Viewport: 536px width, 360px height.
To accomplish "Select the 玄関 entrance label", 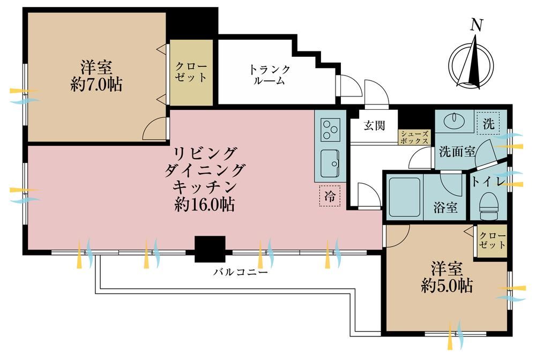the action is pyautogui.click(x=374, y=125).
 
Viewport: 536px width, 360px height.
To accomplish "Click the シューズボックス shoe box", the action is pyautogui.click(x=414, y=138).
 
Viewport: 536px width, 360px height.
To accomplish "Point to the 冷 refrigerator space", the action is pyautogui.click(x=330, y=196).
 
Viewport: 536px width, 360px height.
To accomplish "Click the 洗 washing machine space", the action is pyautogui.click(x=488, y=124).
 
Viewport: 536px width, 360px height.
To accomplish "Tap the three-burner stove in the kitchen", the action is pyautogui.click(x=330, y=130).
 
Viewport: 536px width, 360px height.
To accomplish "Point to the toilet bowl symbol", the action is pyautogui.click(x=489, y=206).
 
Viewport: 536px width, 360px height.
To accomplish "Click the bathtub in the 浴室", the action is pyautogui.click(x=404, y=197).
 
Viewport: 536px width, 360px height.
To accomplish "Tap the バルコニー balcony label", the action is pyautogui.click(x=241, y=272).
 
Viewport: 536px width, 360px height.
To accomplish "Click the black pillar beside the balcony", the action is pyautogui.click(x=210, y=249).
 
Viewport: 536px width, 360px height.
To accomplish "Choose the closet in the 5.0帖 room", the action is pyautogui.click(x=492, y=241).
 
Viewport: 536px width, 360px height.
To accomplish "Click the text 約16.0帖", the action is pyautogui.click(x=204, y=205).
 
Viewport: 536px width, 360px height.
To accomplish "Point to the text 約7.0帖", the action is pyautogui.click(x=96, y=84).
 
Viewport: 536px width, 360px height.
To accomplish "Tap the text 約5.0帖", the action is pyautogui.click(x=447, y=286).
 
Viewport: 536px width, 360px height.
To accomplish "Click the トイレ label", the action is pyautogui.click(x=489, y=182).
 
